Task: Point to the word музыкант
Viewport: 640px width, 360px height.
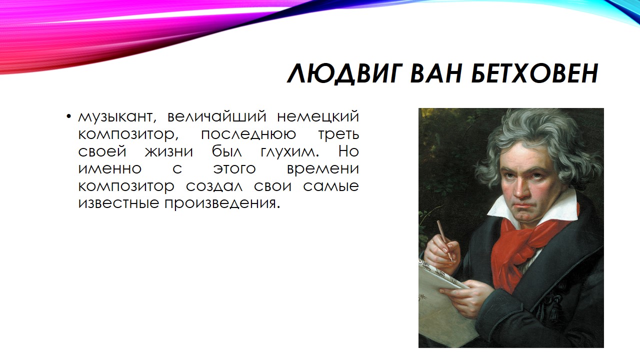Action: click(x=117, y=117)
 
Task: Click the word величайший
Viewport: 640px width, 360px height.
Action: click(x=217, y=116)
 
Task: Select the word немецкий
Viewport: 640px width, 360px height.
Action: click(x=317, y=116)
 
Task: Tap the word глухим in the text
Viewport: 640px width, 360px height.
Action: click(x=289, y=152)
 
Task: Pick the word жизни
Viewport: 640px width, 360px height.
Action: click(x=169, y=151)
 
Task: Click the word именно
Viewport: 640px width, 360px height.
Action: click(x=110, y=169)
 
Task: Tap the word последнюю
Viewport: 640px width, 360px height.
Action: click(x=248, y=135)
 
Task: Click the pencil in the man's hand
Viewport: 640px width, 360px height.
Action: click(x=444, y=240)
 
